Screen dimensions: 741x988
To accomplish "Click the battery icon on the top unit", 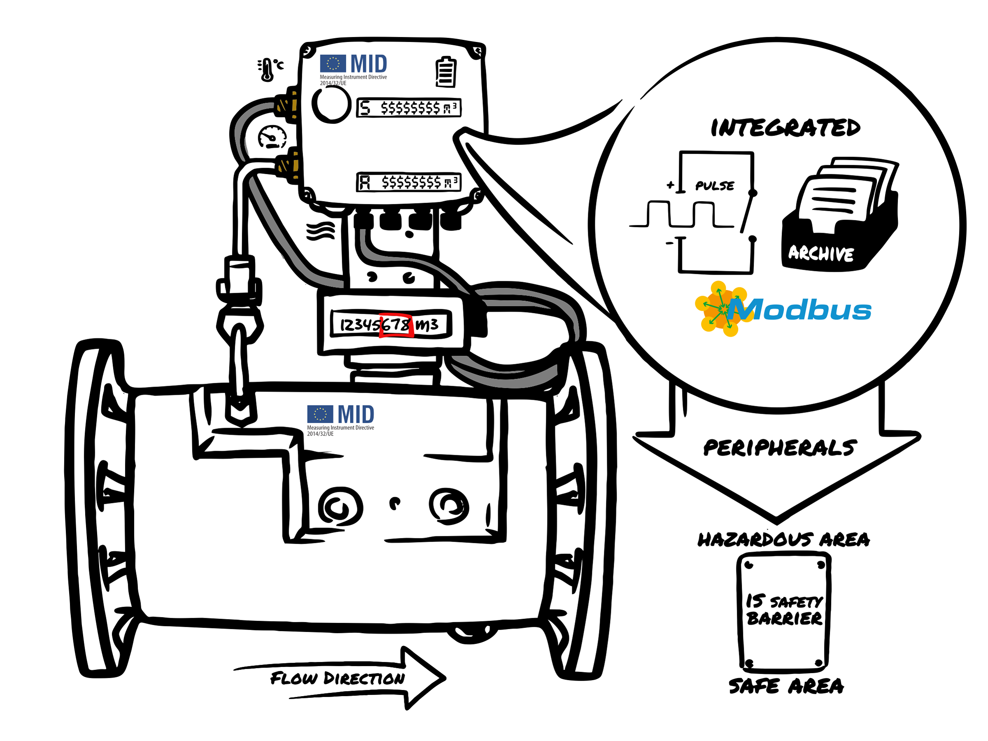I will tap(445, 72).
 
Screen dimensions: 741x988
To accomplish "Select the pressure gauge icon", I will tap(272, 137).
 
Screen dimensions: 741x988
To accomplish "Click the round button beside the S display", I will tap(331, 104).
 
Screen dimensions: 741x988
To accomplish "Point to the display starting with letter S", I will tap(408, 107).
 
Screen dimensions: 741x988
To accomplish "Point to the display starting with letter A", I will tap(408, 182).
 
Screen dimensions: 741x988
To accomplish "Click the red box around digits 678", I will tap(396, 326).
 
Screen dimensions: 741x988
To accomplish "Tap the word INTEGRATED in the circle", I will tap(785, 128).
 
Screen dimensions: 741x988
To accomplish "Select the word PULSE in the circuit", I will tap(714, 186).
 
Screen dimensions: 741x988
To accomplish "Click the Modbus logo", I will tap(783, 309).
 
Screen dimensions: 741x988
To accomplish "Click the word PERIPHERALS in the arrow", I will tap(779, 447).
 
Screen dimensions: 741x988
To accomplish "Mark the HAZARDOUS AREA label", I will tap(783, 540).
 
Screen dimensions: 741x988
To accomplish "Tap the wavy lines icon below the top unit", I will tap(320, 231).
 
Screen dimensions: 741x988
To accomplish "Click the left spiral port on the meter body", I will tap(340, 506).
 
